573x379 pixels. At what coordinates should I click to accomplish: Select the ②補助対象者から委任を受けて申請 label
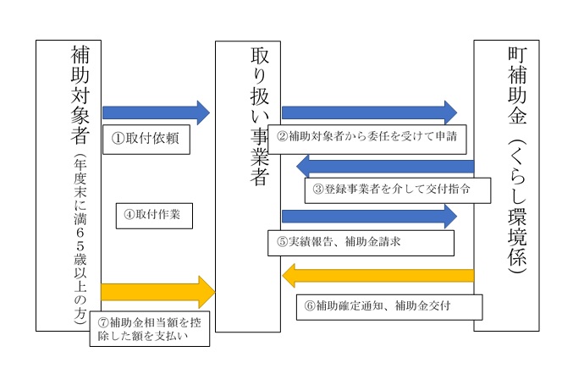[368, 136]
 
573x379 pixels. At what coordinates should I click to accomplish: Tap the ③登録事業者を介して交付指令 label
[397, 189]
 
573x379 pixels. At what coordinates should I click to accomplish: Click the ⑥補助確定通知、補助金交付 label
[388, 305]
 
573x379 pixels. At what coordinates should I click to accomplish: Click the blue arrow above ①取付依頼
[156, 112]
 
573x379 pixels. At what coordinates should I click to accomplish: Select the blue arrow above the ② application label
[368, 112]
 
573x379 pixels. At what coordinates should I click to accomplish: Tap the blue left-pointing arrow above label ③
[384, 165]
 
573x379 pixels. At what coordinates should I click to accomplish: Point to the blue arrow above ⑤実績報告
[368, 217]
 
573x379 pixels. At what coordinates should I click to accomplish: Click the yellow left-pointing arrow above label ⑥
[377, 274]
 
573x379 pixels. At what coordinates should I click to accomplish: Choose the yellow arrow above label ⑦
[157, 292]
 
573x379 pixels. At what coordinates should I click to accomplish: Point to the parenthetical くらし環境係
[515, 207]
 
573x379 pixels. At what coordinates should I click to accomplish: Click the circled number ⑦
[103, 322]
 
